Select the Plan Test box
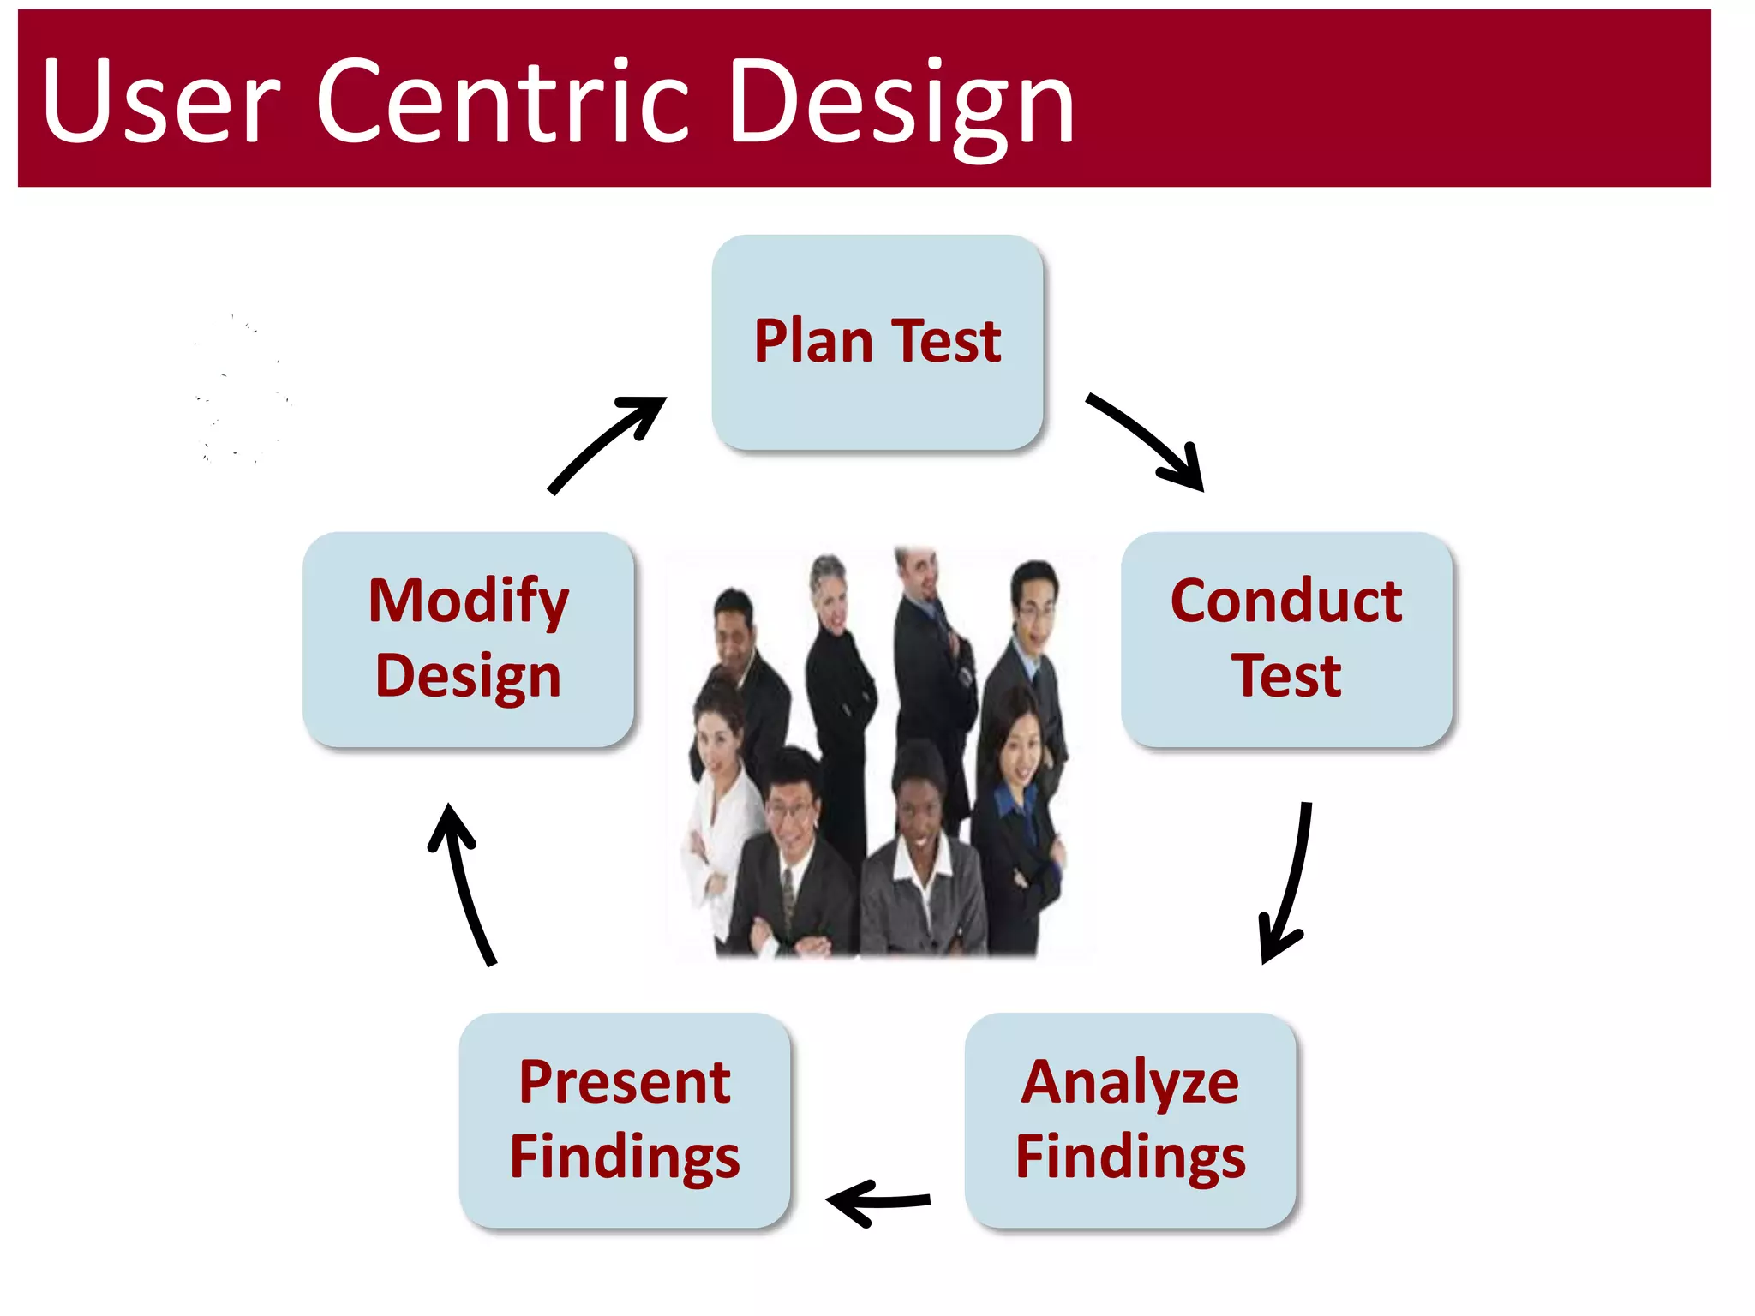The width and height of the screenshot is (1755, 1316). (x=877, y=341)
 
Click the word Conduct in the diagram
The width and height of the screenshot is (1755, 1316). (x=1285, y=601)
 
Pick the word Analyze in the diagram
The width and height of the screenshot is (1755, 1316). (x=1129, y=1083)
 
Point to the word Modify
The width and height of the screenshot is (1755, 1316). (x=468, y=601)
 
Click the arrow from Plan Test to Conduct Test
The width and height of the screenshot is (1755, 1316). (x=1148, y=440)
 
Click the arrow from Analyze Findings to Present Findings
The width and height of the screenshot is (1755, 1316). (x=878, y=1201)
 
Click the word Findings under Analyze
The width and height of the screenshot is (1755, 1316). (x=1129, y=1157)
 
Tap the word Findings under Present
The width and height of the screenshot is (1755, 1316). (x=624, y=1157)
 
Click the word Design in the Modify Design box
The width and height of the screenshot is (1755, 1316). (x=468, y=676)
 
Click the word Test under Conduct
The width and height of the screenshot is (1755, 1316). (x=1285, y=676)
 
